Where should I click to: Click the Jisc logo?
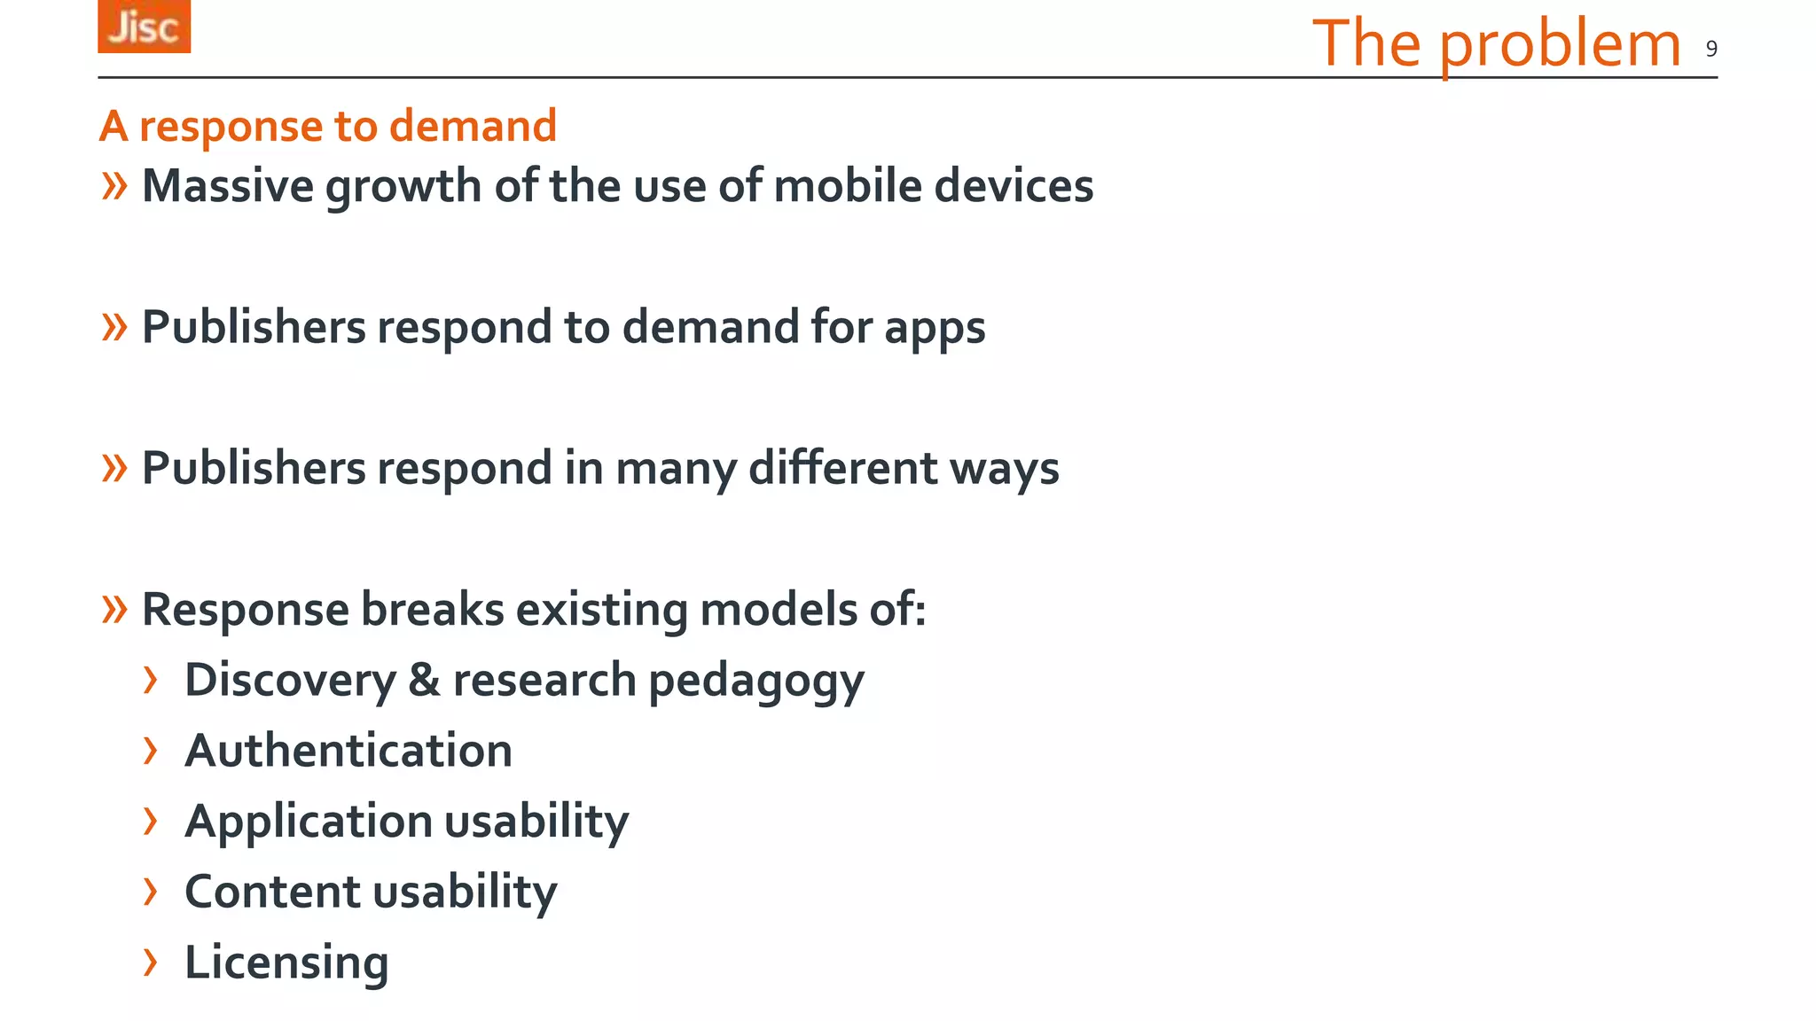click(144, 27)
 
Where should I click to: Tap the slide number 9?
click(1711, 49)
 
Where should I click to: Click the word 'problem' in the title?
click(1560, 44)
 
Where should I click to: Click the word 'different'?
click(841, 468)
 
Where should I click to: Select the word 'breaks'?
click(432, 610)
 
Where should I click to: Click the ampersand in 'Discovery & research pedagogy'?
click(424, 680)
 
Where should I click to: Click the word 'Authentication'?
click(348, 751)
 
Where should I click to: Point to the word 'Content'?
click(267, 892)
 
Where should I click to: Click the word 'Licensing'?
click(286, 963)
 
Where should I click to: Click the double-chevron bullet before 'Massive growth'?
click(114, 186)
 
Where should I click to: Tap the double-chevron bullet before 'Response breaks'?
click(114, 610)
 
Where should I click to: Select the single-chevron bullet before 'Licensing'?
click(151, 962)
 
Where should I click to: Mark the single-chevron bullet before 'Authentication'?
click(151, 751)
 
